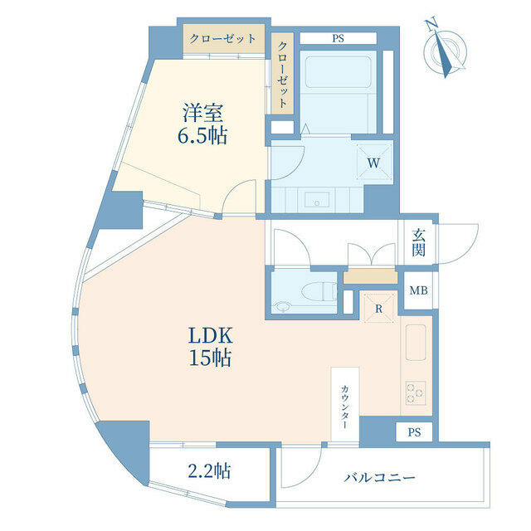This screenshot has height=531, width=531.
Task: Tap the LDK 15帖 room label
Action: tap(210, 347)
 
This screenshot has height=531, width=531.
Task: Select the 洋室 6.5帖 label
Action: tap(202, 124)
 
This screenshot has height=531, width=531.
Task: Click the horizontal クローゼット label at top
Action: tap(222, 39)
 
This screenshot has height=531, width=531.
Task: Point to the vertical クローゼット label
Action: tap(282, 74)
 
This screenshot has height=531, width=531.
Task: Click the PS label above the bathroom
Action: tap(338, 38)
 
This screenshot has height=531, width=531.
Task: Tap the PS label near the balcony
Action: tap(414, 432)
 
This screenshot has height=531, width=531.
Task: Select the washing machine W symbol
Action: tap(373, 163)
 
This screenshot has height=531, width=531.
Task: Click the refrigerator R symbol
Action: tap(379, 309)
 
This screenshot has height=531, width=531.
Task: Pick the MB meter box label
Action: tap(418, 290)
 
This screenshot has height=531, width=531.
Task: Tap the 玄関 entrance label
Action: tap(418, 242)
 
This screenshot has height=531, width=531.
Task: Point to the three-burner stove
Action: tap(416, 392)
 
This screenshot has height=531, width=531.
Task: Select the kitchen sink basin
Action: tap(416, 343)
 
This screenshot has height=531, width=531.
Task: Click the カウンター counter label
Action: tap(345, 407)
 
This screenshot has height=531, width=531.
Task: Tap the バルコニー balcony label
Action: tap(379, 478)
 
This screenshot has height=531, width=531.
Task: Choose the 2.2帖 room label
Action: tap(210, 470)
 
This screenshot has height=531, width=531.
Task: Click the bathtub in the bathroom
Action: tap(339, 72)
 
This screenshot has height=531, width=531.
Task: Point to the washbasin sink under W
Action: tap(317, 200)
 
